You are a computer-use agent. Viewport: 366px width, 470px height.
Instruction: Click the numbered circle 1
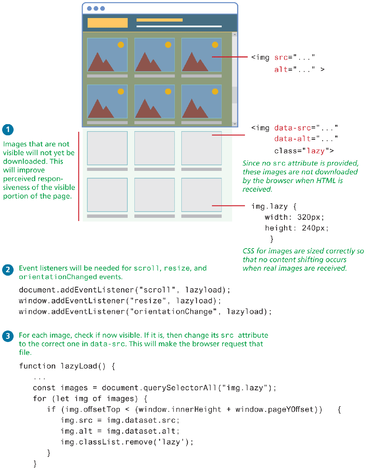(x=8, y=130)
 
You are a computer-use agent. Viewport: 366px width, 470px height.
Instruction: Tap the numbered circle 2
(x=8, y=270)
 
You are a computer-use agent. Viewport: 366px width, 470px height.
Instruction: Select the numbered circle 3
(x=8, y=336)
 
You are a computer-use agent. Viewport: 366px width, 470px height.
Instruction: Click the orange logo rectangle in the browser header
(x=107, y=23)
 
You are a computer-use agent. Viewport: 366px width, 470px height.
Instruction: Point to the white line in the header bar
(x=179, y=26)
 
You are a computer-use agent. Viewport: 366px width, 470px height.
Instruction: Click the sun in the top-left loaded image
(x=121, y=45)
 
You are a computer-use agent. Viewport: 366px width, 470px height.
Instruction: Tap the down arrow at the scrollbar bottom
(x=234, y=124)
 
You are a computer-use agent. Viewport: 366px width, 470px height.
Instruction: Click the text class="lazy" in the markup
(x=304, y=151)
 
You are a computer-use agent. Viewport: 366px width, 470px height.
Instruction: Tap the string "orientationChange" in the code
(x=173, y=312)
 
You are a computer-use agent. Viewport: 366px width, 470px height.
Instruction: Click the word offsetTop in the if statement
(x=102, y=409)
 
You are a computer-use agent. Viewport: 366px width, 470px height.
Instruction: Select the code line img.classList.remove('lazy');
(x=127, y=442)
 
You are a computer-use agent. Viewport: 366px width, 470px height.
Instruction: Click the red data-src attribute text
(x=292, y=128)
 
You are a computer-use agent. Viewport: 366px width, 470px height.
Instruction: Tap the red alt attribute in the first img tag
(x=281, y=70)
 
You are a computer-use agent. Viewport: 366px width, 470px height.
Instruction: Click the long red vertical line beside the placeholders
(x=78, y=176)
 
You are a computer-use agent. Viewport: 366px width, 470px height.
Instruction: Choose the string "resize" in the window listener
(x=148, y=301)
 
